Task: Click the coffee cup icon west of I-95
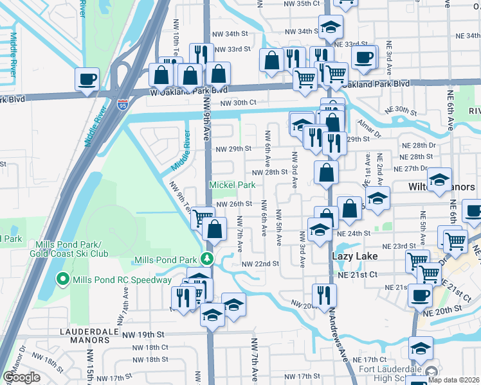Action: tap(87, 80)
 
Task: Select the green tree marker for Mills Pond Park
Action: tap(206, 259)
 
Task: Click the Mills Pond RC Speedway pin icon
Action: tap(62, 279)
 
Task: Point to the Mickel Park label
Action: tap(231, 185)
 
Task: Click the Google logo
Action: tap(21, 377)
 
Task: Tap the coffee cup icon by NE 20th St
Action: tap(421, 295)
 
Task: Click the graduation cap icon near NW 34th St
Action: tap(331, 28)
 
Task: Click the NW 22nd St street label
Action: tap(260, 264)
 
